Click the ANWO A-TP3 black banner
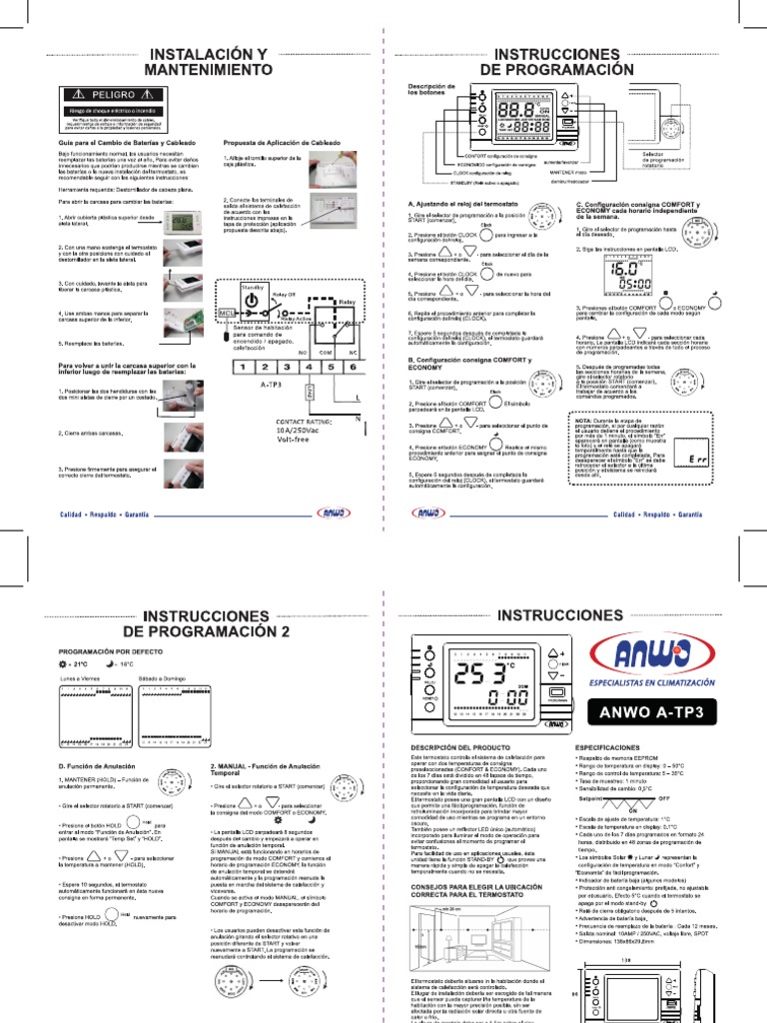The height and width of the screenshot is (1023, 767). coord(652,713)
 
